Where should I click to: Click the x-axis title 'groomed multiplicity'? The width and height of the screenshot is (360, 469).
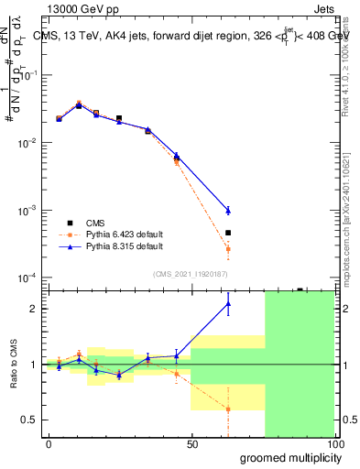287,457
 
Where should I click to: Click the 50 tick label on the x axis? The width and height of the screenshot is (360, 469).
191,444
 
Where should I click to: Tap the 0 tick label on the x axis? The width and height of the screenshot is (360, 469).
49,444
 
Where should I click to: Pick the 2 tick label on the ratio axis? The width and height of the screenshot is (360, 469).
35,309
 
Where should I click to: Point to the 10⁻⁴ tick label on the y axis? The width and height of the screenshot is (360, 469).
27,278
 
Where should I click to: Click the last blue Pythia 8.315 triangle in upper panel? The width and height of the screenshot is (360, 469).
228,211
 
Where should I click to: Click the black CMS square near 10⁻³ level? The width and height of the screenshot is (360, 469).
228,233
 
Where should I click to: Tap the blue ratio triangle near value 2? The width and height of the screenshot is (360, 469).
228,303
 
